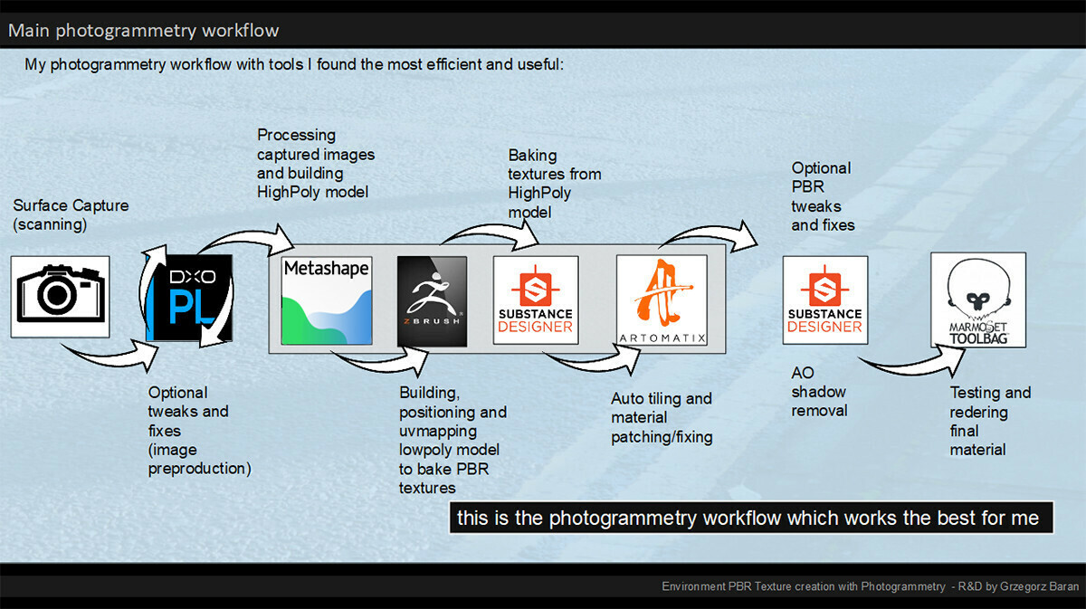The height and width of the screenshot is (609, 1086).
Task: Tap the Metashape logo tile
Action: click(327, 300)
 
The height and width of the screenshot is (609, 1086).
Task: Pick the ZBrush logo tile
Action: click(432, 301)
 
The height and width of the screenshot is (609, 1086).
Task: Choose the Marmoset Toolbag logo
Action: click(977, 300)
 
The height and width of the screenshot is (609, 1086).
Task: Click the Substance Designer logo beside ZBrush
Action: click(536, 300)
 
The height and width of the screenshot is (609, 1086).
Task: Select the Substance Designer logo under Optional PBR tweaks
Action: click(824, 300)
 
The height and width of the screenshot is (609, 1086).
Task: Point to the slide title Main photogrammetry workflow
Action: click(144, 31)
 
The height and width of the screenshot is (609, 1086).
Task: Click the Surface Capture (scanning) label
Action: click(71, 214)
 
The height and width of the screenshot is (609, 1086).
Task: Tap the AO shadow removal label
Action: click(819, 392)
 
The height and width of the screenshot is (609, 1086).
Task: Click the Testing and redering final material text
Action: click(989, 421)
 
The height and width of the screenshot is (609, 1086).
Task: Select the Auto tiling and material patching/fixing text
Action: click(662, 418)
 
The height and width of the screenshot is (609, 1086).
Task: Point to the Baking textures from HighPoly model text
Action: click(554, 183)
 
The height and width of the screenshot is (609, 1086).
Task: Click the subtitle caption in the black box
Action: click(750, 519)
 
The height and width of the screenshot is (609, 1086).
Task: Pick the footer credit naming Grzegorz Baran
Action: click(870, 587)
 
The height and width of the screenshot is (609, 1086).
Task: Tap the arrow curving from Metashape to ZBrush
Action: click(380, 361)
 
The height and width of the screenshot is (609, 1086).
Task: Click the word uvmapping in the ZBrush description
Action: click(439, 431)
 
